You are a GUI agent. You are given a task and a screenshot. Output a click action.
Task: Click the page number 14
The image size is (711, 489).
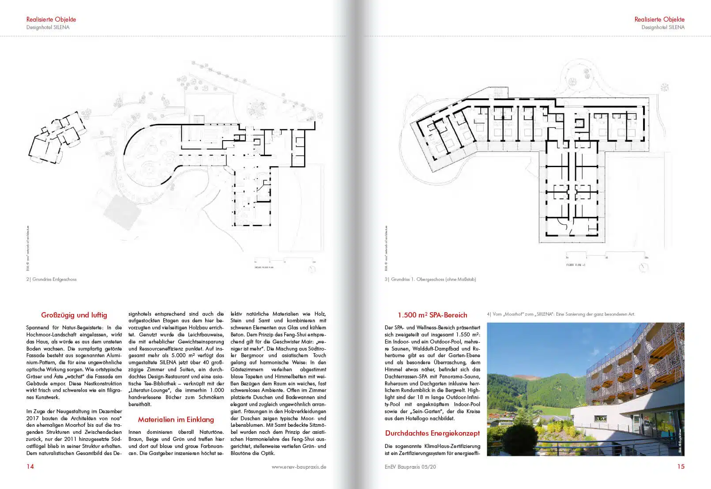[x=30, y=467]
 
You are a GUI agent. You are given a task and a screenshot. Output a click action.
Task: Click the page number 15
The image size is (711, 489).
[x=681, y=467]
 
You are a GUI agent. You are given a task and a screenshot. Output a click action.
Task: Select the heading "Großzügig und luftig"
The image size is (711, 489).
[x=74, y=315]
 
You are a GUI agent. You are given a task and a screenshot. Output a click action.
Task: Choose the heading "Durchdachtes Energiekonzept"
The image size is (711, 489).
[x=432, y=433]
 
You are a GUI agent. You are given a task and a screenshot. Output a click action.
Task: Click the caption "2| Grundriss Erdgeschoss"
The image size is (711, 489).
[x=51, y=279]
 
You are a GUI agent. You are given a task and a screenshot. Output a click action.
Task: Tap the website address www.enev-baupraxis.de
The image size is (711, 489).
[x=299, y=467]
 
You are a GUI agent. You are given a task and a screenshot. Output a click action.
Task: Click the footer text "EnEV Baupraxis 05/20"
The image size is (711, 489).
[x=410, y=467]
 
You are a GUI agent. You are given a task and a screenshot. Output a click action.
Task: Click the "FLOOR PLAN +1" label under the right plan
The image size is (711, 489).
[x=576, y=265]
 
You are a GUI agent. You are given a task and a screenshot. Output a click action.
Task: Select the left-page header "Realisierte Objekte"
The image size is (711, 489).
[x=51, y=19]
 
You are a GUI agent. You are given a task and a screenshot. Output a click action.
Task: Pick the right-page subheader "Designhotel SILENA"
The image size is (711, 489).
[x=663, y=27]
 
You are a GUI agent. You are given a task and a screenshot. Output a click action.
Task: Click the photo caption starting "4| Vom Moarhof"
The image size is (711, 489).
[x=561, y=314]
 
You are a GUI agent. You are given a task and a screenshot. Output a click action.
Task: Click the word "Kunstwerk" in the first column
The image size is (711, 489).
[x=39, y=397]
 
